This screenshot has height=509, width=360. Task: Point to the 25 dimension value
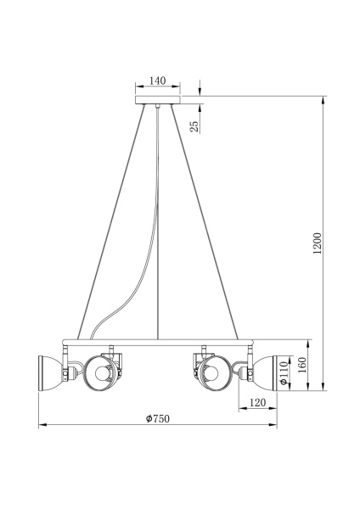tap(194, 126)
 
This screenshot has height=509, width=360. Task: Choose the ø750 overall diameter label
tap(158, 419)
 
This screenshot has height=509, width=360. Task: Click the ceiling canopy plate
tap(157, 101)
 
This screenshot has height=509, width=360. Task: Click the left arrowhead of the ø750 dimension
tap(43, 425)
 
